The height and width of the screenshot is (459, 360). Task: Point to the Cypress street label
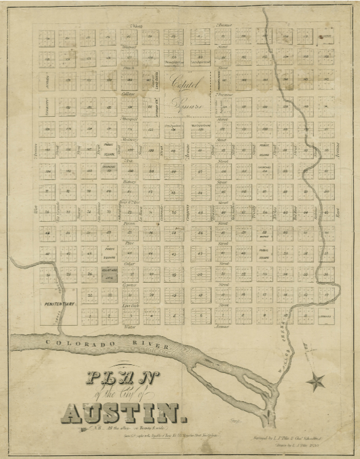point(129,285)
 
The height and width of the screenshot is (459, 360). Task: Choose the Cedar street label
point(128,265)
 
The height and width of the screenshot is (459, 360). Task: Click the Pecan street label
point(128,224)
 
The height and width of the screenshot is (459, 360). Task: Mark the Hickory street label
point(128,182)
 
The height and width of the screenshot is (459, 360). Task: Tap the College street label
point(128,94)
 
